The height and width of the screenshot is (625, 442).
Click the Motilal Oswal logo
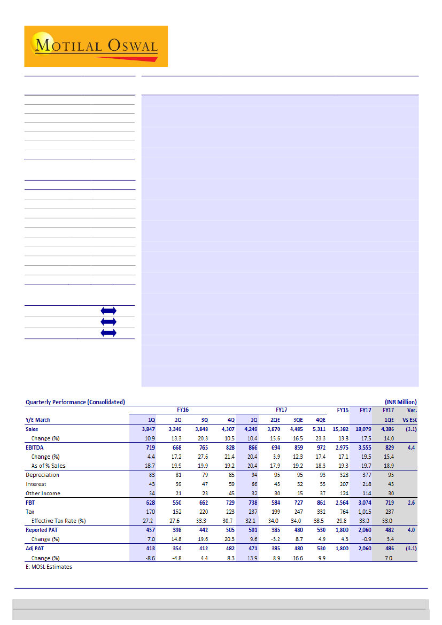[x=96, y=46]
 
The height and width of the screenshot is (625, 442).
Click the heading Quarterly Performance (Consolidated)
[x=75, y=402]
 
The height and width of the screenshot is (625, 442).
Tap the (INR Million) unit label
[x=400, y=402]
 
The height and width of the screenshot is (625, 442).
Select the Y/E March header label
[x=38, y=420]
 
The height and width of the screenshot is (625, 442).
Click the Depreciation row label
[x=42, y=475]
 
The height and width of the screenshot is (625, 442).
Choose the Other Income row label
[x=43, y=493]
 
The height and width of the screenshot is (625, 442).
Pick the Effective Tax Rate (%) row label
[x=59, y=520]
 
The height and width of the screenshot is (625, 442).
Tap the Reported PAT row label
[x=44, y=530]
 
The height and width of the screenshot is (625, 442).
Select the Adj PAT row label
[x=36, y=549]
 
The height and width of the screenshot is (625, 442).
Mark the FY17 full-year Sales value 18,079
[x=363, y=429]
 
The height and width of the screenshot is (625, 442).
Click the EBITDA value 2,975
[x=341, y=447]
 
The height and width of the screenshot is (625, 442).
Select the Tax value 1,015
[x=363, y=512]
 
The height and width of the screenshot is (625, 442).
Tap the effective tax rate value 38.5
[x=319, y=520]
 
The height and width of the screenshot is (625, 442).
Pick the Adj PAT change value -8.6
[x=149, y=558]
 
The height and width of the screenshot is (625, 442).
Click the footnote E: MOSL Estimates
[x=49, y=567]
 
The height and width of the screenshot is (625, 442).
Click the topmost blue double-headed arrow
[x=108, y=311]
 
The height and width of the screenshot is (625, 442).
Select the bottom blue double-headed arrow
[x=108, y=333]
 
